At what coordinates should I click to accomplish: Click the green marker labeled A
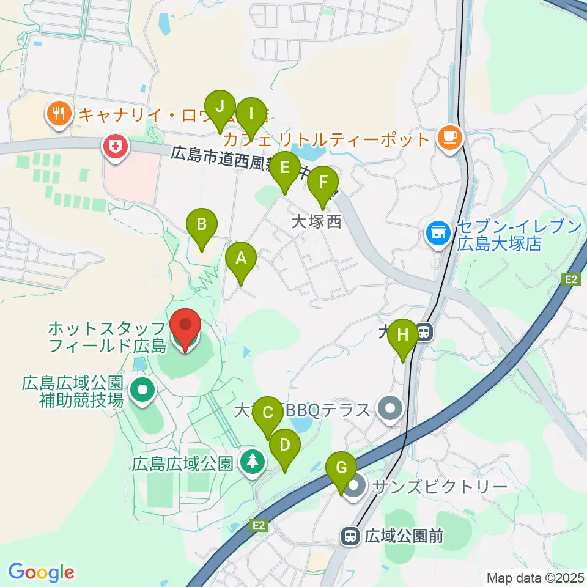point(241,259)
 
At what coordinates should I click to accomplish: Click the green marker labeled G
point(341,470)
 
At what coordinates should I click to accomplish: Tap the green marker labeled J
point(220,107)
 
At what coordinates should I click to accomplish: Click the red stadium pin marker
point(184,329)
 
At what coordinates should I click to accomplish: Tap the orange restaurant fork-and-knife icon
point(59,113)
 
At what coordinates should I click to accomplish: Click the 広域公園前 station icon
point(350,536)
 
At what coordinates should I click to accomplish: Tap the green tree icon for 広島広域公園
point(251,461)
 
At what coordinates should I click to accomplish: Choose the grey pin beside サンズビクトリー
point(353,488)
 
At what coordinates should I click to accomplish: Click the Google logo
point(42,572)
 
